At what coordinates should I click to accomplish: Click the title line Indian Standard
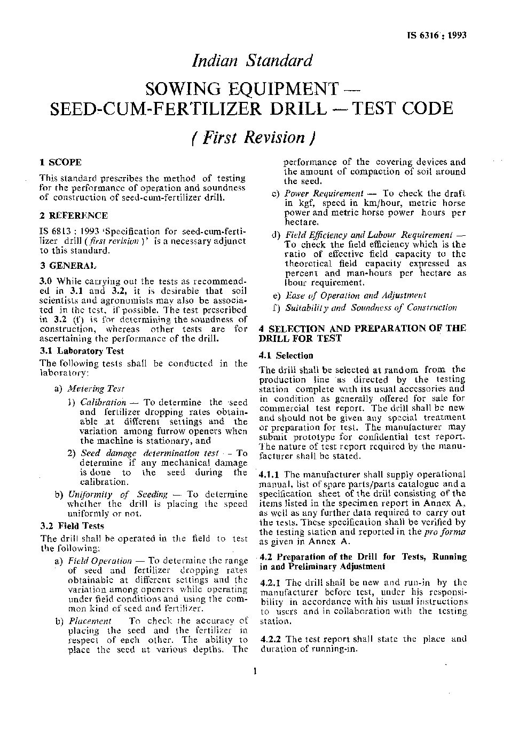tap(251, 61)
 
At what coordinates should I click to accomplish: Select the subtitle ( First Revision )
tap(251, 137)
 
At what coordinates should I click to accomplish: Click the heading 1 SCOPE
tap(61, 162)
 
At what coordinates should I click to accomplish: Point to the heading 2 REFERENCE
tap(74, 216)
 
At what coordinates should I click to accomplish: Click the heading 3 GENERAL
tap(69, 265)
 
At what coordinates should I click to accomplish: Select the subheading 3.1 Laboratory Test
tap(82, 350)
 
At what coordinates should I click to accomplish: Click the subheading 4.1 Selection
tap(286, 355)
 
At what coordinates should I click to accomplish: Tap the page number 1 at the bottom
tap(256, 671)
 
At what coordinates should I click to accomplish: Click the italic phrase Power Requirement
tap(324, 194)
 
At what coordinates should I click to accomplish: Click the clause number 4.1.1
tap(270, 474)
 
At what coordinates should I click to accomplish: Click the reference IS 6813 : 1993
tap(62, 232)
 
